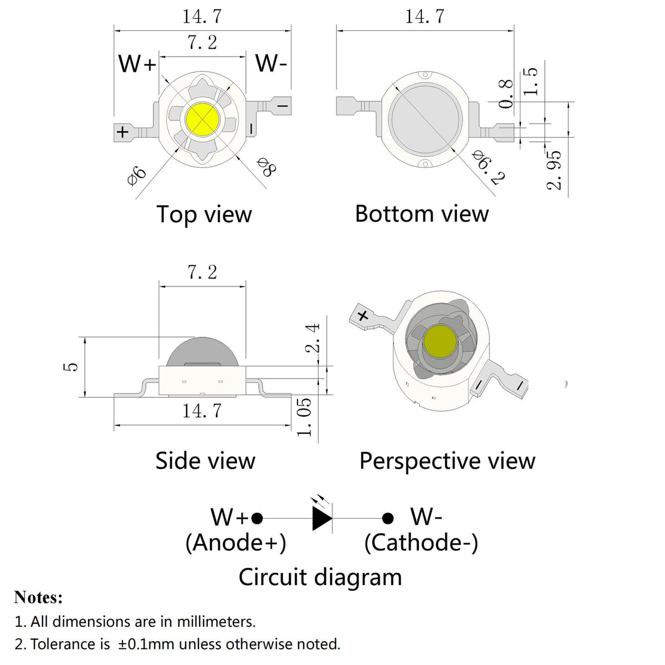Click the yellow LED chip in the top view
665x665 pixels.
203,119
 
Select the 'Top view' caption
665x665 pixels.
204,214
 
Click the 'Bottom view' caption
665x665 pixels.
422,214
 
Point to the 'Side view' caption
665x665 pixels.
205,461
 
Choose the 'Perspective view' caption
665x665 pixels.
447,461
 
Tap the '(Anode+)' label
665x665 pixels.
236,543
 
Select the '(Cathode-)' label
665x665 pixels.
421,543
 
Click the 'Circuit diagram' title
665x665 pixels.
320,577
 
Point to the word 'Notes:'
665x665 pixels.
38,597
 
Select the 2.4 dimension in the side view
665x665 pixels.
313,339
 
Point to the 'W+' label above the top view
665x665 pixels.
137,65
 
